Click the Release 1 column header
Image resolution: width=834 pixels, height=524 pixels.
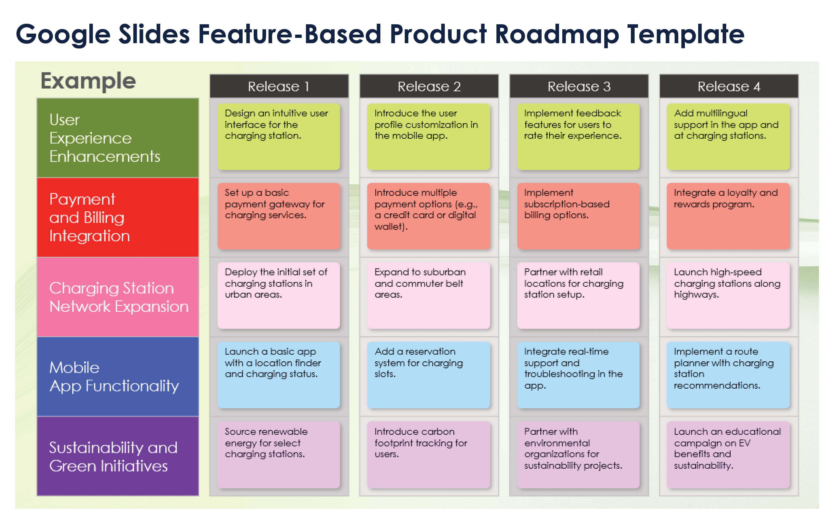click(279, 86)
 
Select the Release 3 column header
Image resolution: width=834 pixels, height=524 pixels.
click(579, 86)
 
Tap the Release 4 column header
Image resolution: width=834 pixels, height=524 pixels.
click(729, 86)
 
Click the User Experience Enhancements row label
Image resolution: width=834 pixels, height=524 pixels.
click(118, 138)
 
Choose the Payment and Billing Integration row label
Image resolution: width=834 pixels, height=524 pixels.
click(118, 217)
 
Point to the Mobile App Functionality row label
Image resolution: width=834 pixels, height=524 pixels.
click(118, 377)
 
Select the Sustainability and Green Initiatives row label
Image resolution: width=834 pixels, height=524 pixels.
click(118, 456)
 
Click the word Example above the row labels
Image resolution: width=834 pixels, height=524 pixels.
click(88, 81)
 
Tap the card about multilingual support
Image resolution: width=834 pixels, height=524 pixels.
click(728, 137)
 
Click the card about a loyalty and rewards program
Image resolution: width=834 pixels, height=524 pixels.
click(728, 216)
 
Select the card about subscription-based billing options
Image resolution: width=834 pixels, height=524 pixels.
click(578, 216)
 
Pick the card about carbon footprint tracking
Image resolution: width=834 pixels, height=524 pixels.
click(428, 455)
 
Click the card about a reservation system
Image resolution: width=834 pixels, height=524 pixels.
click(428, 375)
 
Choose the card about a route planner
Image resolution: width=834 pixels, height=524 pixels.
click(728, 375)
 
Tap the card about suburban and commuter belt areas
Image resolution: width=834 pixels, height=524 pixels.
click(428, 295)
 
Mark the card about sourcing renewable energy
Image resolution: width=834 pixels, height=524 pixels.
click(279, 455)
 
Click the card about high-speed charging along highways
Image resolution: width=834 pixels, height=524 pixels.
click(728, 295)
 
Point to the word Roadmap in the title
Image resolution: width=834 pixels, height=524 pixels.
click(557, 34)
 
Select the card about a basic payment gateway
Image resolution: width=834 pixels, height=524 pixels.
click(279, 216)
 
